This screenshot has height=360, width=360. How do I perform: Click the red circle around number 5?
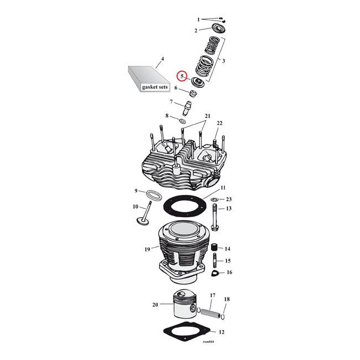click(182, 77)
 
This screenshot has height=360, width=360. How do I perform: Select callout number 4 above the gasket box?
click(162, 59)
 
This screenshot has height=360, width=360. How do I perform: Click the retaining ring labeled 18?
click(223, 317)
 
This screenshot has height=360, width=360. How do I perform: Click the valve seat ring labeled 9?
click(154, 195)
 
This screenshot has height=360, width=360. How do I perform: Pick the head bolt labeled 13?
click(214, 219)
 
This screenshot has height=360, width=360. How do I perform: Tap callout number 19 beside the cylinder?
click(147, 249)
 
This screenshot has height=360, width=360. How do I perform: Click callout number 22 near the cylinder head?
click(219, 123)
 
